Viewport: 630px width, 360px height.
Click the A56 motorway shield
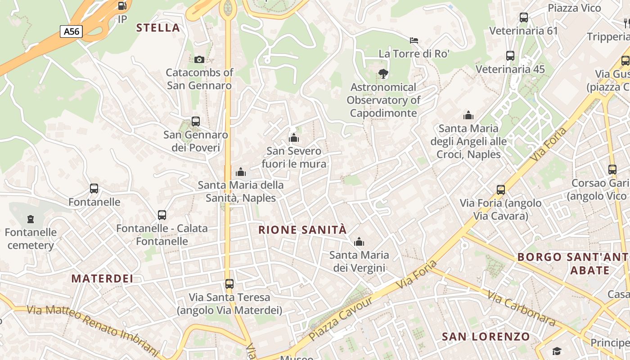pos(71,31)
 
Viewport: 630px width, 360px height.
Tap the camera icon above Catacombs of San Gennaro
pos(199,59)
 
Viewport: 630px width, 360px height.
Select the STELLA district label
pos(158,28)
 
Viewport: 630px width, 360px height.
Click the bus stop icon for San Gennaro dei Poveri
pos(195,121)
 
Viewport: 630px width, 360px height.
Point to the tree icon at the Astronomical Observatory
pos(383,73)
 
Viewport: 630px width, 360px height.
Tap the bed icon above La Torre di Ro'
pos(414,40)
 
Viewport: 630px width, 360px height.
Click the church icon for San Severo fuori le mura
pos(294,138)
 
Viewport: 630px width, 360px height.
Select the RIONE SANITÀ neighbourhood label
pos(302,230)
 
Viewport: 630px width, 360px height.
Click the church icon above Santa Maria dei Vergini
pos(359,242)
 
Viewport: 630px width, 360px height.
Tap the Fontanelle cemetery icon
pos(31,219)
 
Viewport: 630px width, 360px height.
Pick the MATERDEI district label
pos(102,279)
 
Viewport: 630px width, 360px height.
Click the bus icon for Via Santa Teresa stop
pos(229,284)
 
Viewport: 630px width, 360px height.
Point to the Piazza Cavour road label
pos(341,319)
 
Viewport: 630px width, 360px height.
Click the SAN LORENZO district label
pos(486,337)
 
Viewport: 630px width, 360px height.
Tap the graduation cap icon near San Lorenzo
pos(557,351)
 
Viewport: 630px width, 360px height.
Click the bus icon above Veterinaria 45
pos(510,56)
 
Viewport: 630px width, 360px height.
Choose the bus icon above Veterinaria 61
pos(523,18)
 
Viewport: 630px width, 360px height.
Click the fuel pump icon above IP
pos(121,6)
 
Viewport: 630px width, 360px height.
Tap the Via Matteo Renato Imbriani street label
pos(93,329)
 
